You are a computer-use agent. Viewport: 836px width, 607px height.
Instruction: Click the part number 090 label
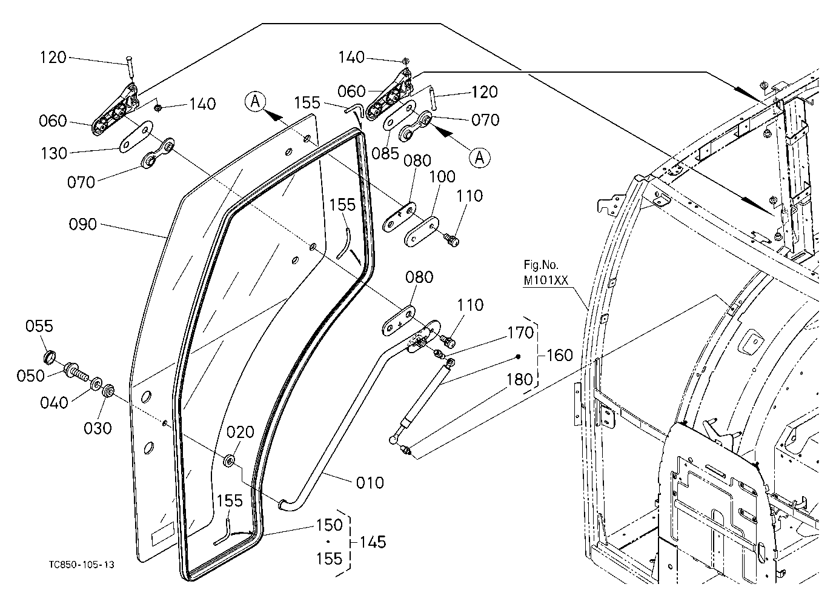point(83,224)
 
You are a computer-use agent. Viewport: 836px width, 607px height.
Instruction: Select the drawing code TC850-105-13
point(81,565)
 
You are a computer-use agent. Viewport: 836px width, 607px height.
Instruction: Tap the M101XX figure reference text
point(546,280)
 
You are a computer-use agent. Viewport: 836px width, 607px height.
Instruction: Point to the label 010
point(370,483)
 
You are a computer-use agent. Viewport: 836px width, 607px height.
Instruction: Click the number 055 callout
point(39,326)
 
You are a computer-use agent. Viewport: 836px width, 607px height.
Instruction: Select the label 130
point(54,153)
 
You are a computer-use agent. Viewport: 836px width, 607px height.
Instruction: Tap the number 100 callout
point(442,176)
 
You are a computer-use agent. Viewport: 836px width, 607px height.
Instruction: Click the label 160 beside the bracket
point(560,355)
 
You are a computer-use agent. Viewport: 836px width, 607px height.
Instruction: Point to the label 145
point(373,542)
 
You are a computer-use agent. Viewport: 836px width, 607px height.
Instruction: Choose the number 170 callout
point(520,333)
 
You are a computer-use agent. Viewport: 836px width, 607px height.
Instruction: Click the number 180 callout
point(519,380)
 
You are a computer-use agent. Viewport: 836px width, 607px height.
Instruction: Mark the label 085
point(385,153)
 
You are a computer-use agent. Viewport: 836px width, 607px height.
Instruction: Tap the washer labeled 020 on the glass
point(229,460)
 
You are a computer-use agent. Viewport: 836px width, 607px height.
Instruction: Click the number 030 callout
point(98,428)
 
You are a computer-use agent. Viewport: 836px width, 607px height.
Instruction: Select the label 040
point(54,403)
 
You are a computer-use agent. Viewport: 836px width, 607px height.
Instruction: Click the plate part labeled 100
point(422,231)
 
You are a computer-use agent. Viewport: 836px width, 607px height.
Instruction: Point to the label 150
point(329,525)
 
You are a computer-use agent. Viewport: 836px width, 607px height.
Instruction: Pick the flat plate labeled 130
point(136,137)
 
